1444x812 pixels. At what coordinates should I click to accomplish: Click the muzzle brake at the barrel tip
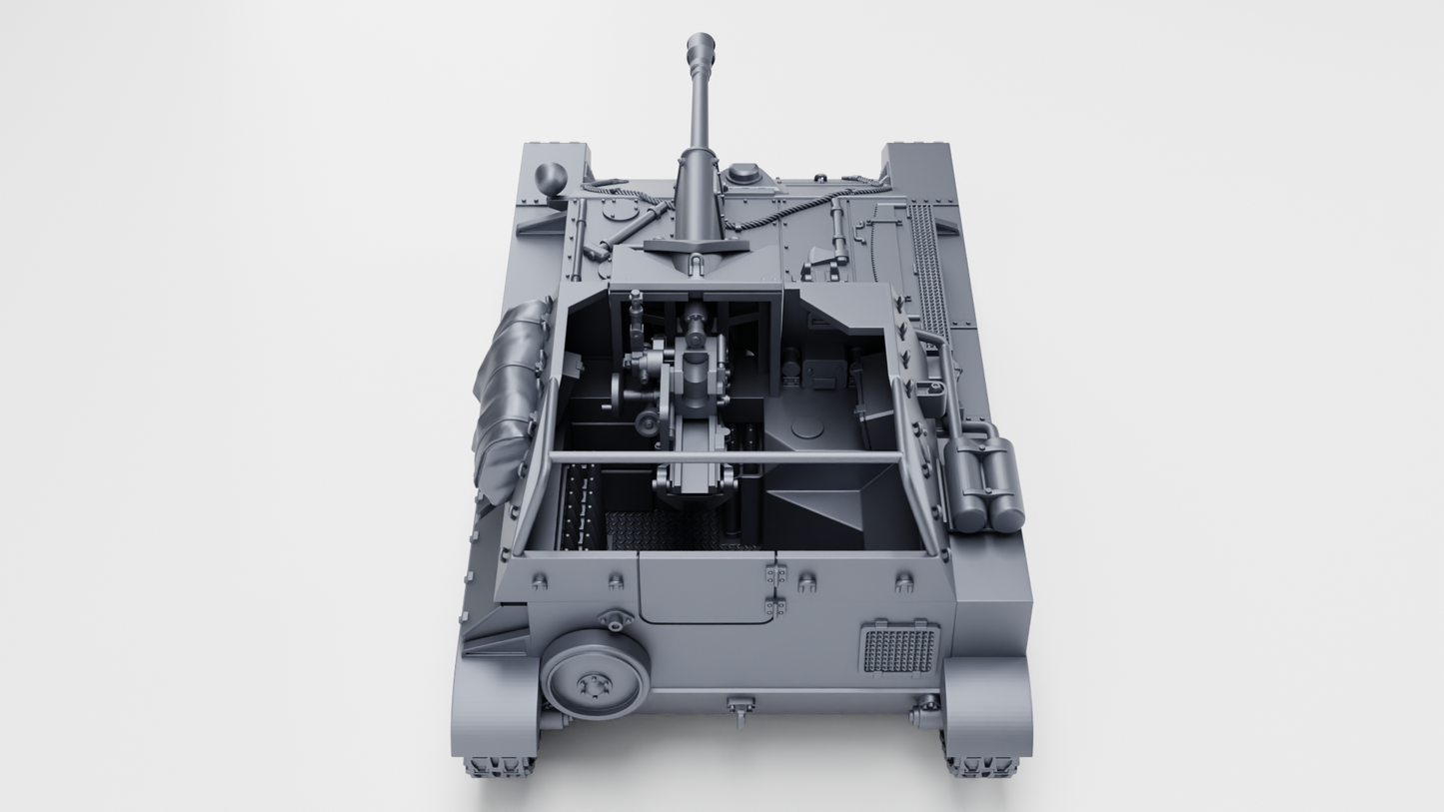pyautogui.click(x=701, y=50)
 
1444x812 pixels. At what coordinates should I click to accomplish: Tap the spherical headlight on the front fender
pyautogui.click(x=551, y=179)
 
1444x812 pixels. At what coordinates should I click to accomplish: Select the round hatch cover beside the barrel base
pyautogui.click(x=743, y=174)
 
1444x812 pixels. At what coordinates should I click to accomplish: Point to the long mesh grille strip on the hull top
pyautogui.click(x=928, y=270)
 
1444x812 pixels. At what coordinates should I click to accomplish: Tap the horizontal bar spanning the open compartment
pyautogui.click(x=724, y=457)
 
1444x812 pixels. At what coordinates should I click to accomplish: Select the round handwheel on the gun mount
pyautogui.click(x=649, y=425)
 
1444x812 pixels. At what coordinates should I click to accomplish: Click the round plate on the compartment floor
pyautogui.click(x=807, y=428)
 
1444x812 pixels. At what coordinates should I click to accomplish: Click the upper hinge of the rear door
pyautogui.click(x=775, y=574)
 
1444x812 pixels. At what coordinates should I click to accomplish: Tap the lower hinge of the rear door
pyautogui.click(x=775, y=606)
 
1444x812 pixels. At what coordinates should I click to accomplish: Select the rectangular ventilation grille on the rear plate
pyautogui.click(x=898, y=649)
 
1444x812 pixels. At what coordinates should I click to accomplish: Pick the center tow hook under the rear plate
pyautogui.click(x=739, y=710)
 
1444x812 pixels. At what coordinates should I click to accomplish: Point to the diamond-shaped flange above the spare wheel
pyautogui.click(x=615, y=621)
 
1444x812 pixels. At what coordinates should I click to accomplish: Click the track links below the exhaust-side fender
pyautogui.click(x=981, y=766)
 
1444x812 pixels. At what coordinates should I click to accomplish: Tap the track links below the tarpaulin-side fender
pyautogui.click(x=498, y=766)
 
